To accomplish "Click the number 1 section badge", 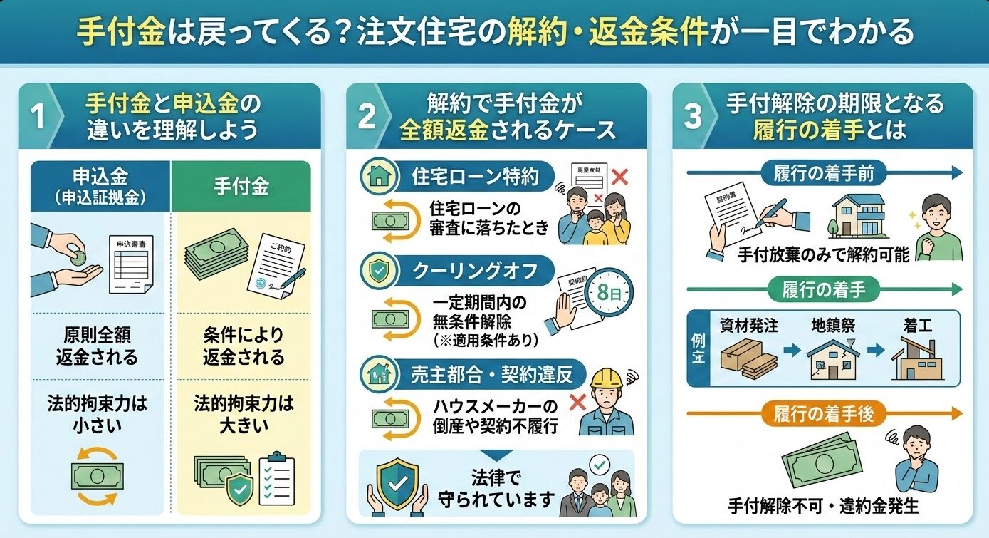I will point(39,116).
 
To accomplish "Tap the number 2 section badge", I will point(366,116).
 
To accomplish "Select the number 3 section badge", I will point(692,116).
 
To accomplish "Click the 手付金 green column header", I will point(241,186).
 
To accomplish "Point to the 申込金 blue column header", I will point(100,186).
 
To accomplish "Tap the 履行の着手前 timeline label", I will point(823,172).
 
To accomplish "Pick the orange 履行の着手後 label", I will point(823,413).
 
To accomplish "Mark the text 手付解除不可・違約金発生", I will point(823,506).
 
